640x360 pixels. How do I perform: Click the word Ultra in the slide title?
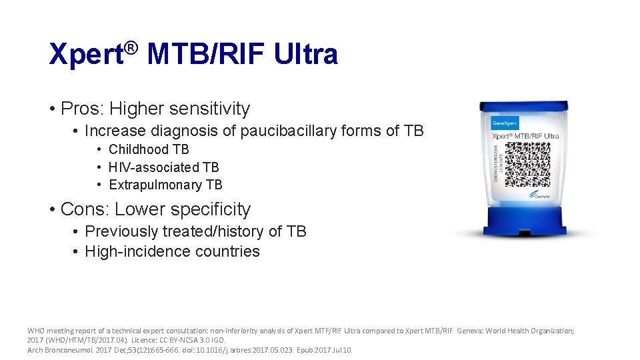tap(307, 55)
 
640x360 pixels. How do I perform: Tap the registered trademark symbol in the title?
tap(132, 47)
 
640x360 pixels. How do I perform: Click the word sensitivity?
tap(210, 108)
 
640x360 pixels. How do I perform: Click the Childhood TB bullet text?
tap(149, 149)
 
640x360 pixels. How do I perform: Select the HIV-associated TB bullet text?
tap(163, 167)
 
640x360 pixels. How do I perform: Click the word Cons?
tap(83, 209)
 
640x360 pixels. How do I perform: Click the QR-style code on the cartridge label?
tap(526, 164)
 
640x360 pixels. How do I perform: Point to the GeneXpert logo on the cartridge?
tap(505, 123)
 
